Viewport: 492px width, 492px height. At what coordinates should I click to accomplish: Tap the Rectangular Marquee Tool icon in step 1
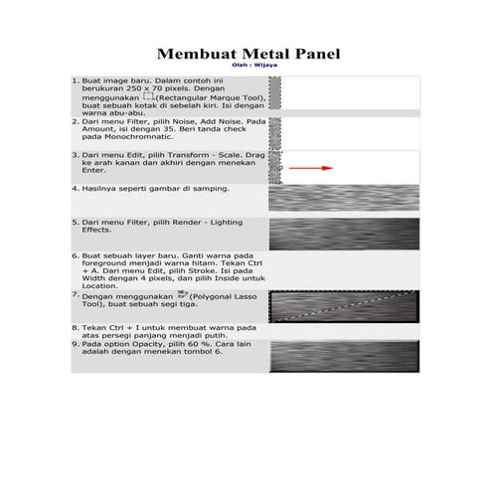tap(148, 98)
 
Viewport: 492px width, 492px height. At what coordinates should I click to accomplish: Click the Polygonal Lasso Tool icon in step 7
tap(181, 295)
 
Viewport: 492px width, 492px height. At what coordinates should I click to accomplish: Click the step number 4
tap(76, 187)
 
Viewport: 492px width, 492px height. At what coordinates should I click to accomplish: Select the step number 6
tap(76, 254)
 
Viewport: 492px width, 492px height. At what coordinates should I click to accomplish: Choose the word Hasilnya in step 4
tap(103, 187)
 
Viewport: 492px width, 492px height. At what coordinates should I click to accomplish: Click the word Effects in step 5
tap(97, 230)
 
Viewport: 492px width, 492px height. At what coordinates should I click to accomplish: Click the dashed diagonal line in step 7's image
tap(338, 307)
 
